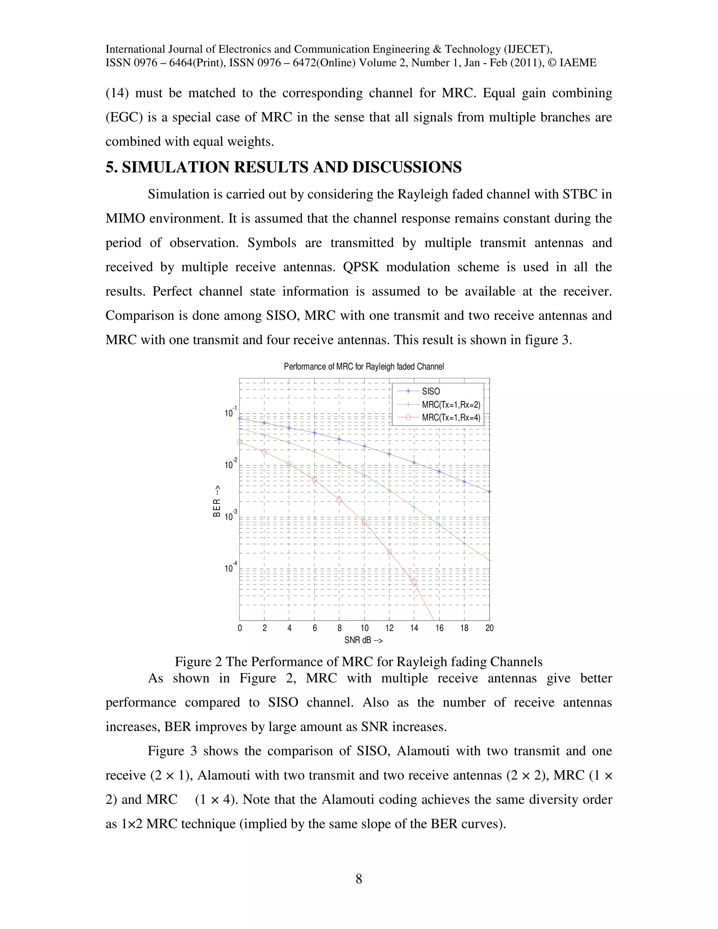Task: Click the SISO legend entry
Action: [431, 391]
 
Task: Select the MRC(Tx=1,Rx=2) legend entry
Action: [451, 405]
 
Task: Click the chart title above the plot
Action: [364, 367]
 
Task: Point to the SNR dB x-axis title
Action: [363, 640]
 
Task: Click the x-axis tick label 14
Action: [414, 628]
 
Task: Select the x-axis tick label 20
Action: [489, 628]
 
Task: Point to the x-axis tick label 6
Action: [314, 628]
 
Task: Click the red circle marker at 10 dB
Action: [364, 522]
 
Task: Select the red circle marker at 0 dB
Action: [239, 442]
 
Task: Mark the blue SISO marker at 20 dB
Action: [489, 491]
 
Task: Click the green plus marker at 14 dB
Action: [414, 507]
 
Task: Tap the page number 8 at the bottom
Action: [359, 879]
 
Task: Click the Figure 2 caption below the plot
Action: [359, 662]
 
